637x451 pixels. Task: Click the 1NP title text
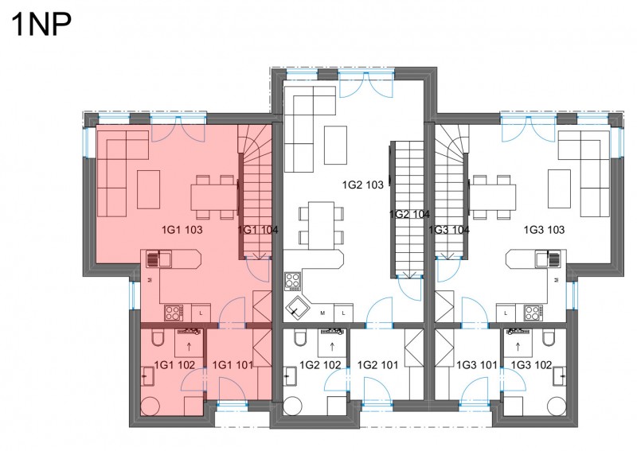pyautogui.click(x=42, y=25)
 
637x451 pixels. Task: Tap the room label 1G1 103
pyautogui.click(x=182, y=230)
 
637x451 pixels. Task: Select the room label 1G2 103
pyautogui.click(x=363, y=185)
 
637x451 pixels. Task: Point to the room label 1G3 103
pyautogui.click(x=544, y=230)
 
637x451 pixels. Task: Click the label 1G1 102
pyautogui.click(x=174, y=365)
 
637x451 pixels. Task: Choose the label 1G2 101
pyautogui.click(x=377, y=365)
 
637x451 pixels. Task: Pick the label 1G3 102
pyautogui.click(x=531, y=365)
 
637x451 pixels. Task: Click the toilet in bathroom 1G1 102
pyautogui.click(x=157, y=338)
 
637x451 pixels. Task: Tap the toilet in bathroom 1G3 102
pyautogui.click(x=549, y=338)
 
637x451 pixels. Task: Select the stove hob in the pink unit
pyautogui.click(x=174, y=313)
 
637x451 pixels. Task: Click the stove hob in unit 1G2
pyautogui.click(x=292, y=282)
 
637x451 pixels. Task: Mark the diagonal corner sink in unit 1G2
pyautogui.click(x=297, y=308)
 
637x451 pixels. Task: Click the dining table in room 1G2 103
pyautogui.click(x=321, y=226)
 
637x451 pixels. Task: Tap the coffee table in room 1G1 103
pyautogui.click(x=148, y=189)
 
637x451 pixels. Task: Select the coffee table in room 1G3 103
pyautogui.click(x=559, y=189)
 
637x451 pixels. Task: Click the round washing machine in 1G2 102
pyautogui.click(x=293, y=406)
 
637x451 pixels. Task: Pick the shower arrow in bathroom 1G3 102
pyautogui.click(x=518, y=347)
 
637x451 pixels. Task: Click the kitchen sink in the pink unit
pyautogui.click(x=158, y=259)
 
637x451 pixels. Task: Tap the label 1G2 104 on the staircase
pyautogui.click(x=409, y=214)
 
